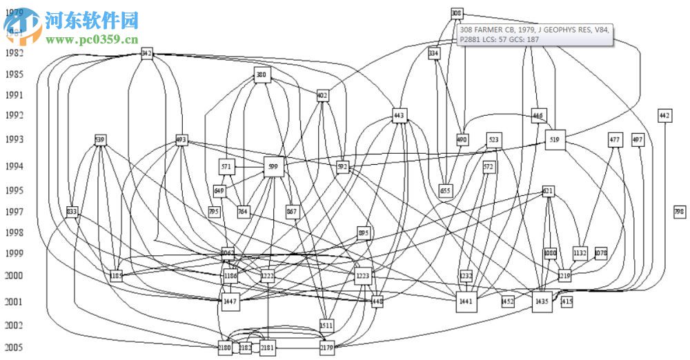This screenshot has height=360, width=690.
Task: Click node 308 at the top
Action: (456, 13)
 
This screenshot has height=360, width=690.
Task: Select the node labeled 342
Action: (146, 53)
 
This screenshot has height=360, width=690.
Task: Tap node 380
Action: (262, 74)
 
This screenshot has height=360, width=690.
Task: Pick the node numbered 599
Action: (273, 166)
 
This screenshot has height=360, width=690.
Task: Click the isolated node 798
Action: (680, 212)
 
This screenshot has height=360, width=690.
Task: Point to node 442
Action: (664, 115)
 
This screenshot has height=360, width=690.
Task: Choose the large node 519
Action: (555, 139)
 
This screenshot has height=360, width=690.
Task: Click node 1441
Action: (466, 301)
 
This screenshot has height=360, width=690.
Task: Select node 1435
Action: (542, 301)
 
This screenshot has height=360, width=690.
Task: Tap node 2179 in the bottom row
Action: (327, 348)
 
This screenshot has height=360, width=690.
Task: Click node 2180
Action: (224, 348)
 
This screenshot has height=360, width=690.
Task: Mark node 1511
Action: (326, 324)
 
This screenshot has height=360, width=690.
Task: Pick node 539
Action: (100, 140)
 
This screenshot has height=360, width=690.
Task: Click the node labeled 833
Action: (72, 212)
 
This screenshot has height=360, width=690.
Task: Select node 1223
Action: (363, 276)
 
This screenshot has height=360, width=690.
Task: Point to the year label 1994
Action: (14, 166)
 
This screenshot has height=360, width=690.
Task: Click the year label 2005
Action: (14, 347)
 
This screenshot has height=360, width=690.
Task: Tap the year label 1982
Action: (14, 53)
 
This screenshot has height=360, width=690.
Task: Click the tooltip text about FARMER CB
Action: (534, 34)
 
